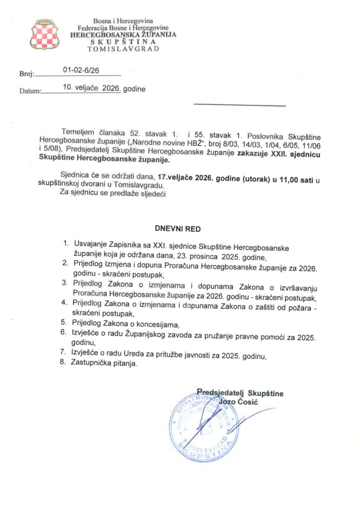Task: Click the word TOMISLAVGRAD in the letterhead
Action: [x=123, y=49]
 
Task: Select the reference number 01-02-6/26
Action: [x=81, y=71]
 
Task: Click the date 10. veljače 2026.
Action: [x=91, y=88]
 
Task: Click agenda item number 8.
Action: [x=63, y=363]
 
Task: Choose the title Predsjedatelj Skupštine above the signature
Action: [x=240, y=393]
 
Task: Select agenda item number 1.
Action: [x=65, y=243]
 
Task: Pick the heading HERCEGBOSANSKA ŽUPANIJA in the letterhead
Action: [x=123, y=36]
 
